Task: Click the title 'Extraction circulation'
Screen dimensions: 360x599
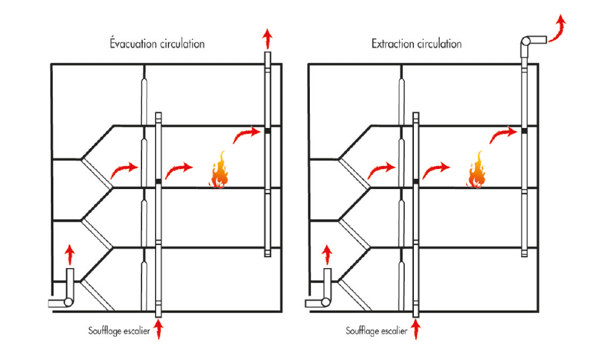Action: (416, 44)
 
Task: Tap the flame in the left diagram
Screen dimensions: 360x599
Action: (219, 170)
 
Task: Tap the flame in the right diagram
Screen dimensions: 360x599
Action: (477, 170)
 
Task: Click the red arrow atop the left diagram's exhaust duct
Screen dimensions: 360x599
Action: (267, 38)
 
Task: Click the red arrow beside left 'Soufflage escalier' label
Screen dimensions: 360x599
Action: (158, 331)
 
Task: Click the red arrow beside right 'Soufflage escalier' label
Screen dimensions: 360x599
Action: (416, 331)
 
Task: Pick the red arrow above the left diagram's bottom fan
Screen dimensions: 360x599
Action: (70, 253)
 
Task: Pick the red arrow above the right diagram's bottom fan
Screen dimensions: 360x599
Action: (327, 253)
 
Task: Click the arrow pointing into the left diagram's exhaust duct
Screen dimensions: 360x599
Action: (246, 134)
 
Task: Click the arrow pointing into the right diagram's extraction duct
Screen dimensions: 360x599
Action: (503, 134)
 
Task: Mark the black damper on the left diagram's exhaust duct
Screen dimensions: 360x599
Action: (267, 131)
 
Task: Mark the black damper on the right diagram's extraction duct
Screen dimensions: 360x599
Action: (524, 131)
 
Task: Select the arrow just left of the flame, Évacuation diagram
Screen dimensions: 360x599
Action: (178, 171)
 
